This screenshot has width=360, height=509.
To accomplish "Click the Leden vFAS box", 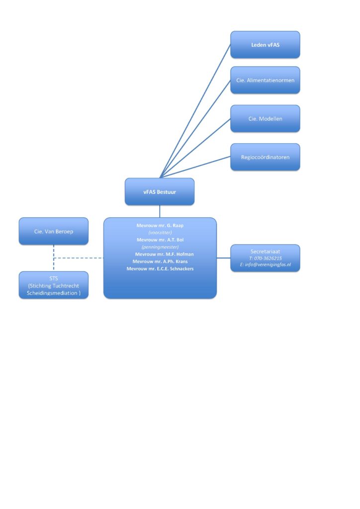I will tap(265, 45).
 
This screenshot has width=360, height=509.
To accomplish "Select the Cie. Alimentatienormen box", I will tap(265, 80).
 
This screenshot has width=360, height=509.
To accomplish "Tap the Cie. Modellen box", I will tap(265, 118).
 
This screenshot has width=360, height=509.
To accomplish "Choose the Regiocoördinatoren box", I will tap(265, 157).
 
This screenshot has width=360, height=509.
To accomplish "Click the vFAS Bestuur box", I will tap(160, 191).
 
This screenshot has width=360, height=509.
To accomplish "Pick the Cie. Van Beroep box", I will tap(54, 231).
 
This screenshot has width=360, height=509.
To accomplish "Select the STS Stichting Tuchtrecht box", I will tap(54, 286).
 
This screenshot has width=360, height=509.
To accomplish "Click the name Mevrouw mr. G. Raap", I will tap(160, 225).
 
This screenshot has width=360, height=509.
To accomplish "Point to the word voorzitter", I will tap(160, 232).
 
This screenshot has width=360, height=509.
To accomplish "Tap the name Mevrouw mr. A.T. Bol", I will tap(160, 240).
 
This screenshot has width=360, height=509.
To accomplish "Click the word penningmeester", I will tap(160, 247).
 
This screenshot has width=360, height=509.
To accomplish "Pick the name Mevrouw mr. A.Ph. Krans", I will tap(160, 261).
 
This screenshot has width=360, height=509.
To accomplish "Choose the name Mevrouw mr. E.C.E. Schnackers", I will tap(160, 268).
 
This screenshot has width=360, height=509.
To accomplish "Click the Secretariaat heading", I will tap(265, 252).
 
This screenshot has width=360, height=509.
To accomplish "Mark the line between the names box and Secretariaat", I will tap(224, 258).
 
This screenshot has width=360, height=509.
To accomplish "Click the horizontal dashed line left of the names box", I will tap(80, 258).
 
